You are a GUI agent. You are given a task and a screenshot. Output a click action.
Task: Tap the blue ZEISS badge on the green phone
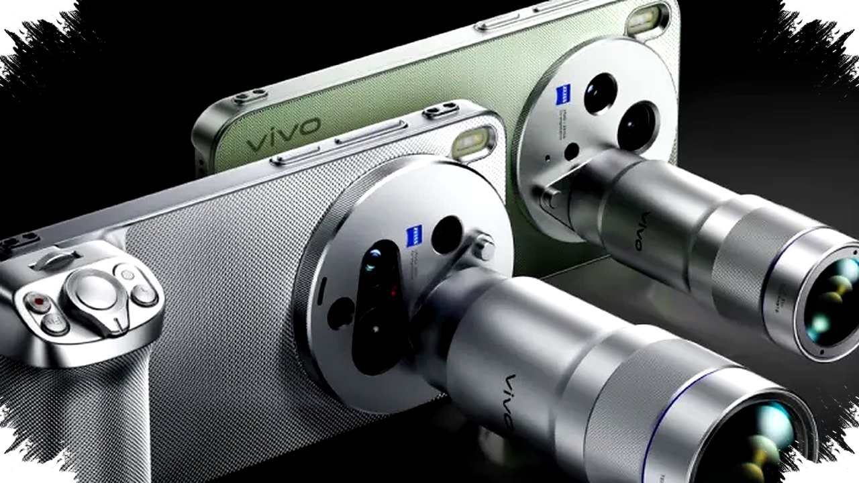(563, 95)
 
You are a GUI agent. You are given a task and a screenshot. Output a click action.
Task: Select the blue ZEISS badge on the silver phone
(414, 236)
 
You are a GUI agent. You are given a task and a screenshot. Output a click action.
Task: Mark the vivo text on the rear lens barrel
(643, 232)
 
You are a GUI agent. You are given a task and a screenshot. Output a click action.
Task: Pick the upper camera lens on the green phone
(600, 93)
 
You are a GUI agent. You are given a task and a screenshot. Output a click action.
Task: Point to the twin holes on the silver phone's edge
(440, 109)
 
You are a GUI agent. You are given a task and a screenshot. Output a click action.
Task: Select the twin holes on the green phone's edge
(250, 97)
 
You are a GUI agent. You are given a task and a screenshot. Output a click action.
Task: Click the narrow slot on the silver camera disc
(321, 288)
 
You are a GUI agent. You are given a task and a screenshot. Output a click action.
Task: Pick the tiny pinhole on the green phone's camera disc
(548, 159)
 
